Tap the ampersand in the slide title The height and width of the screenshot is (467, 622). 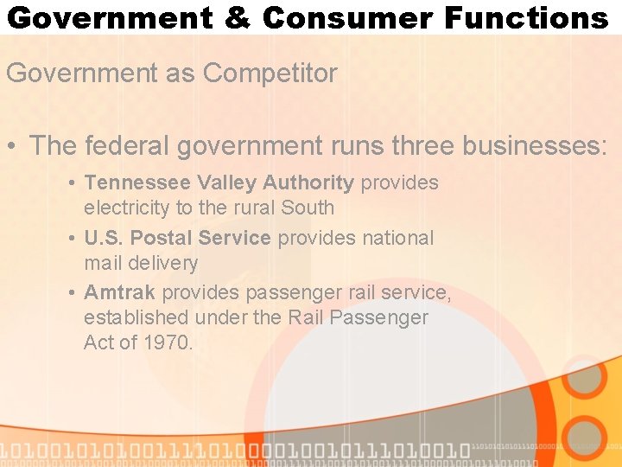tap(238, 17)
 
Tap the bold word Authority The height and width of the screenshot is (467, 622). tap(308, 183)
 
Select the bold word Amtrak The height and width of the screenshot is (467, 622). tap(120, 293)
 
